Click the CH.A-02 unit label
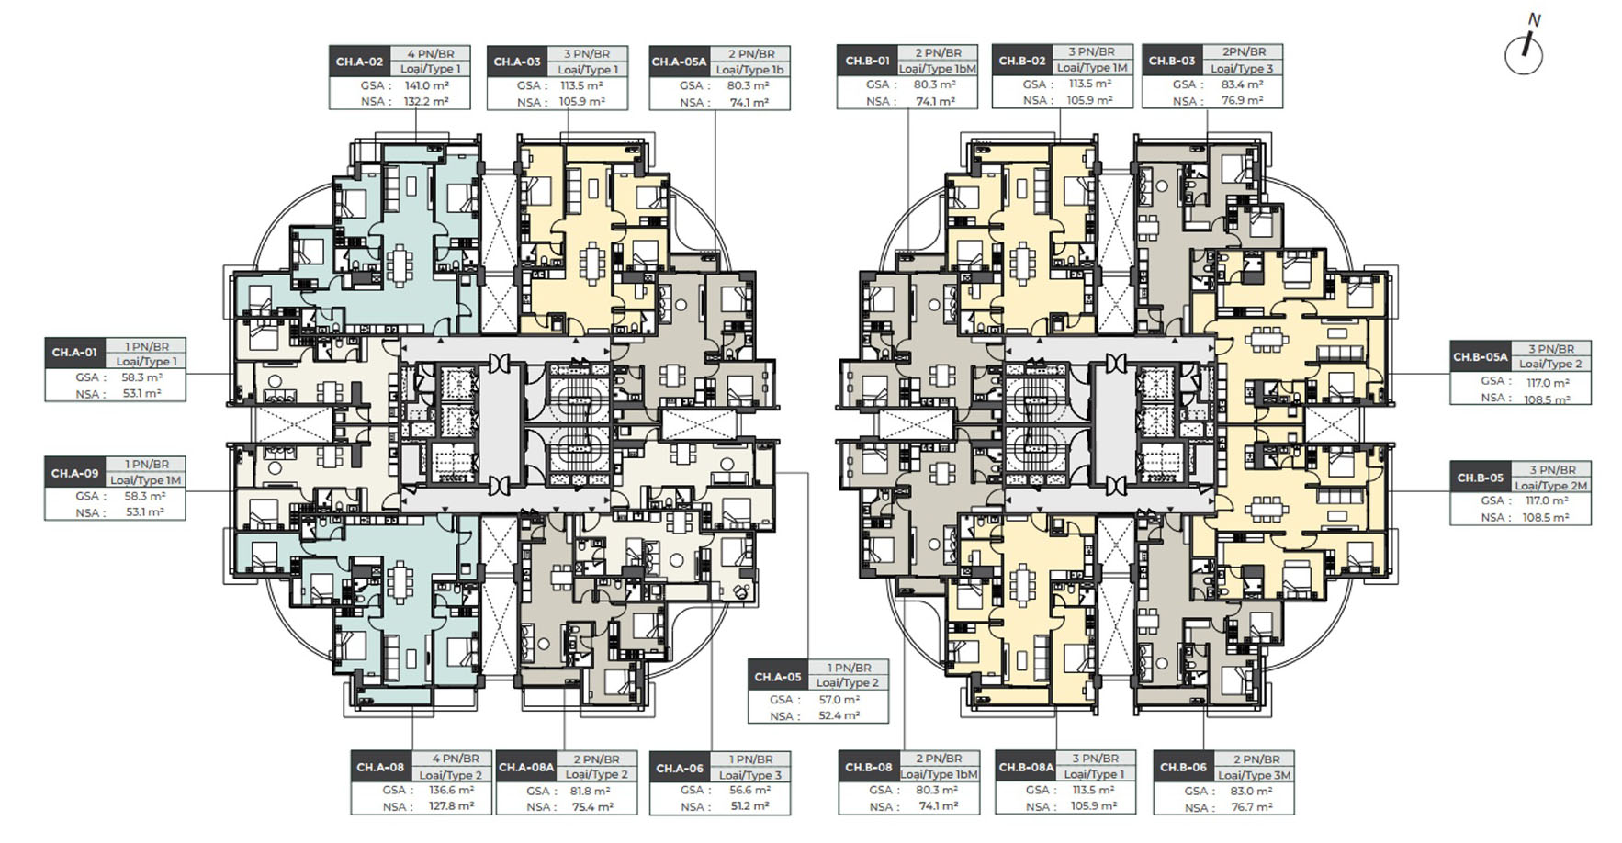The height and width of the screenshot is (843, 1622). (359, 62)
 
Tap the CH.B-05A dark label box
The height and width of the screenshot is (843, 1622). (1480, 357)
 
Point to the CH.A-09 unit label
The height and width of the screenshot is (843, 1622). (74, 473)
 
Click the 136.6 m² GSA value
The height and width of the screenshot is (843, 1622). (452, 790)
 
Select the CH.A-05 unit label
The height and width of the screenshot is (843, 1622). (778, 677)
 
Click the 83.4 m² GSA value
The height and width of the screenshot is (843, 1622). (1242, 84)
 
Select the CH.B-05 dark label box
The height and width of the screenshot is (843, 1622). (1480, 478)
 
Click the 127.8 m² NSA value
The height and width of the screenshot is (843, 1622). (452, 806)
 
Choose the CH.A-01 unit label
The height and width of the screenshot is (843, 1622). (74, 353)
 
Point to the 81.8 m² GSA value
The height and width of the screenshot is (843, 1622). (590, 791)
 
